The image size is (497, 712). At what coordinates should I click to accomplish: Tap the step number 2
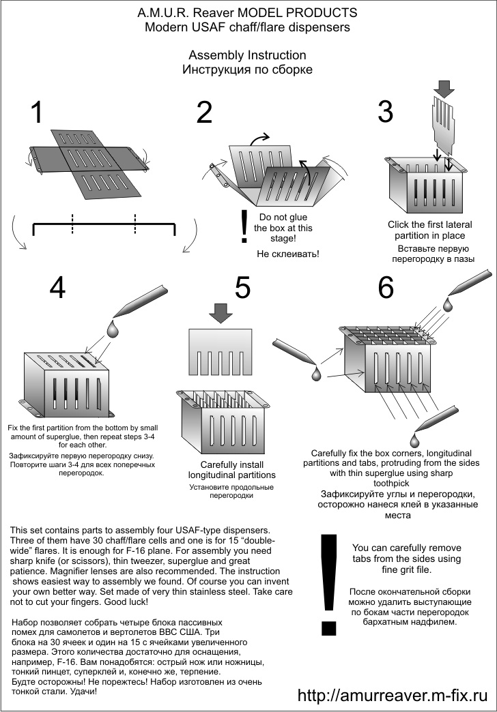click(203, 113)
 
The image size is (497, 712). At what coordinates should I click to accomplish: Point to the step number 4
click(57, 289)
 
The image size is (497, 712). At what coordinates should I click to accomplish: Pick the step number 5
click(242, 289)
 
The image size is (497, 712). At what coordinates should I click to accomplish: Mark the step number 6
click(386, 289)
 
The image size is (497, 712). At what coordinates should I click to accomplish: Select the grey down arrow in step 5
click(221, 313)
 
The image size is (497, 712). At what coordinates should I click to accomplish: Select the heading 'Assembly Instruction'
click(247, 55)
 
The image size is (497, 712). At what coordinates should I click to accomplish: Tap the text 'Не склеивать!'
click(288, 254)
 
